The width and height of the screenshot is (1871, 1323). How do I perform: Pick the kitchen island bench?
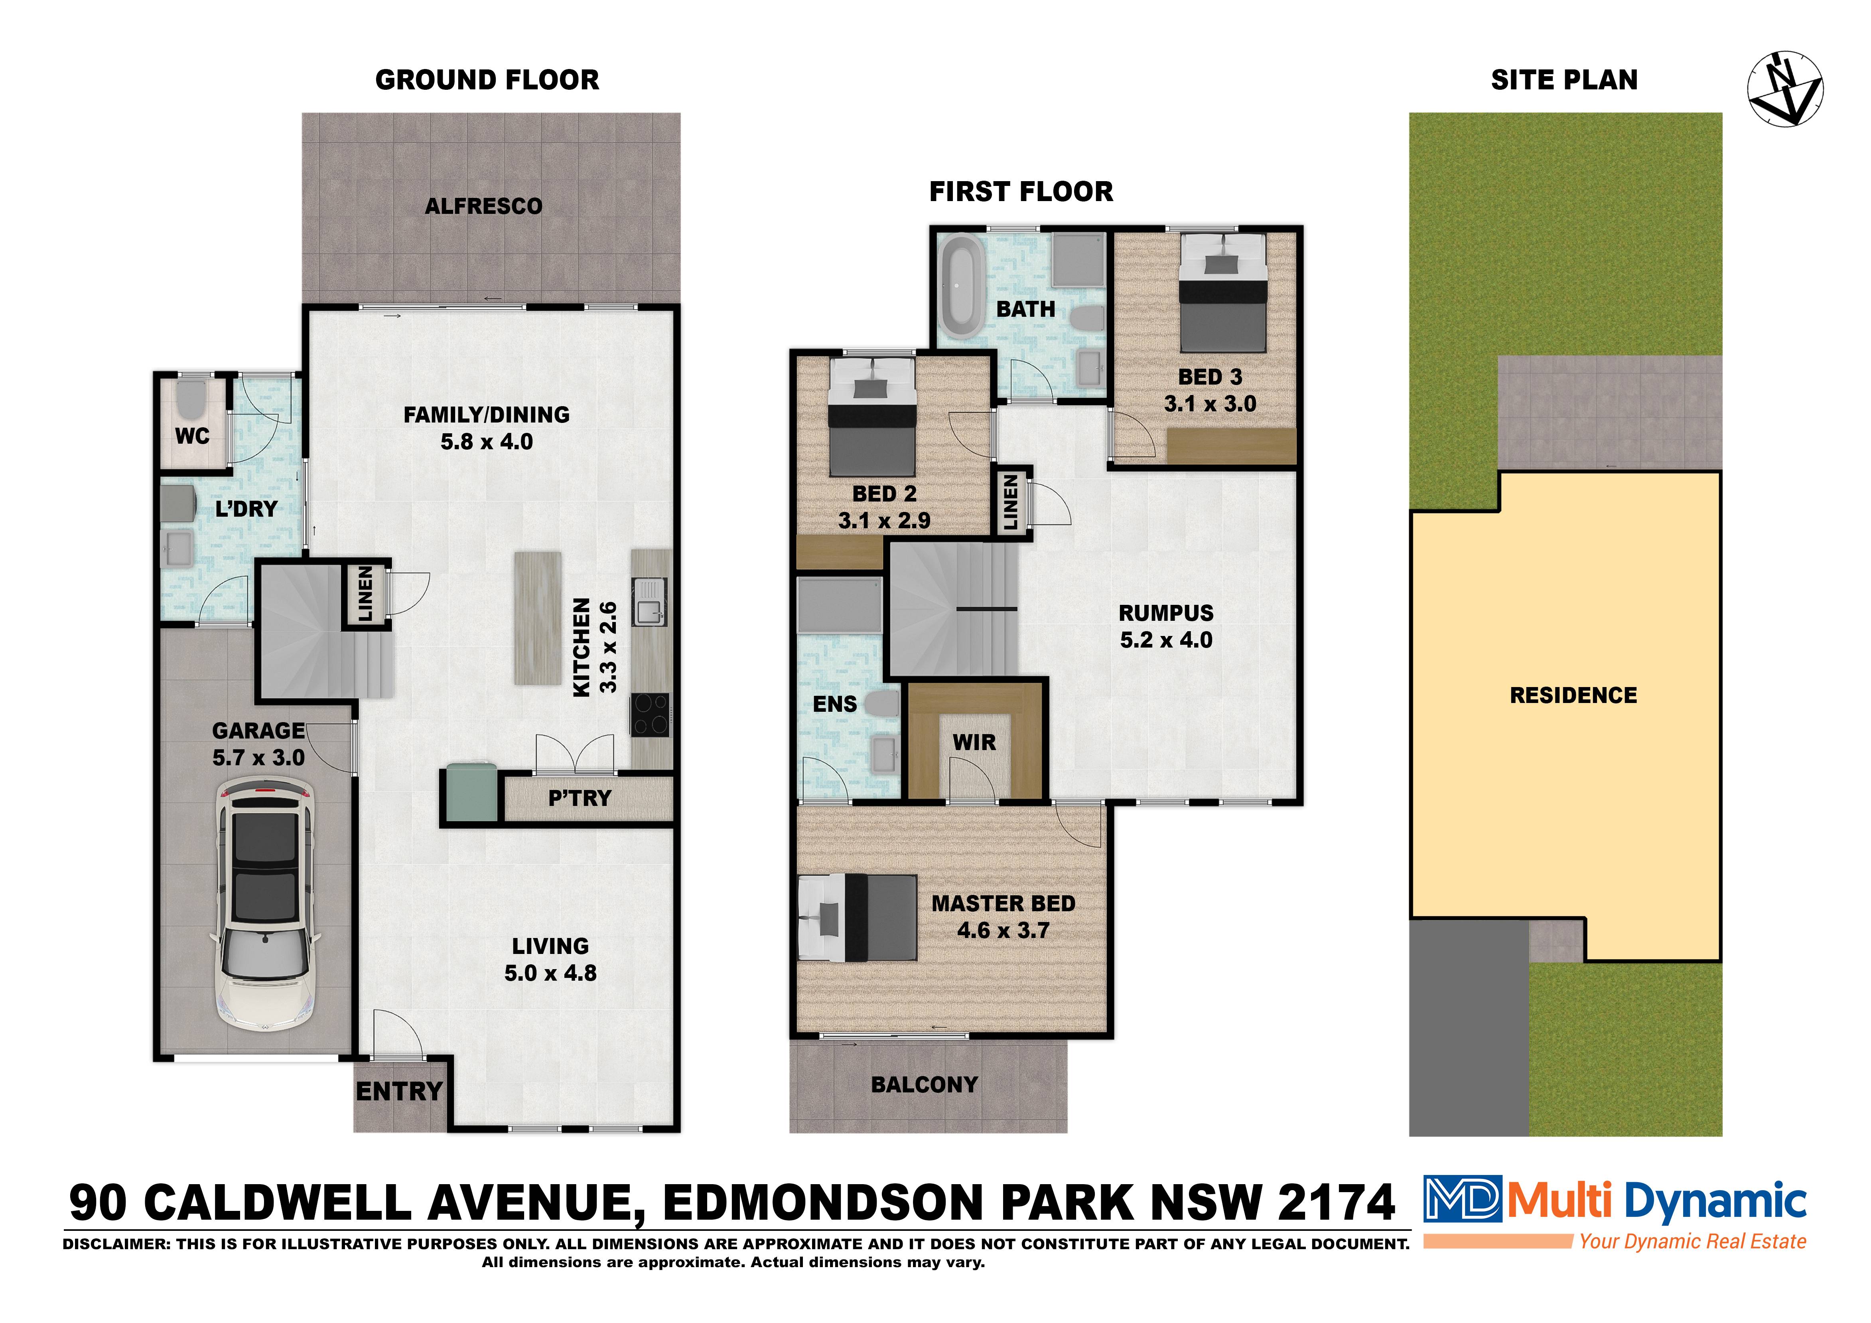click(537, 618)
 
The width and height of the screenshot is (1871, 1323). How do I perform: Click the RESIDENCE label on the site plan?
click(1573, 695)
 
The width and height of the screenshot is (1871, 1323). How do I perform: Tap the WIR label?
click(975, 742)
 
